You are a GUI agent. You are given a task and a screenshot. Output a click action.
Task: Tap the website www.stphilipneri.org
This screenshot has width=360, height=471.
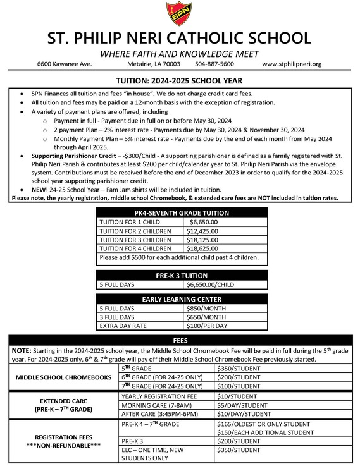(292, 64)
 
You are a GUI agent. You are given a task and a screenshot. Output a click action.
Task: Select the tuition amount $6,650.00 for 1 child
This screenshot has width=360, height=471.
(204, 223)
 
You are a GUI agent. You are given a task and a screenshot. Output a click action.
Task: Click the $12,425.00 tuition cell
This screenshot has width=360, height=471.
(206, 231)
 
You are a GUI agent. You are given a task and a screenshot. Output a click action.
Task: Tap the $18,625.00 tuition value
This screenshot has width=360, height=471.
(206, 249)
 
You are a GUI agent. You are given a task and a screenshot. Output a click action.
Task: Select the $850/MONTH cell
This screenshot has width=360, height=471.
(203, 308)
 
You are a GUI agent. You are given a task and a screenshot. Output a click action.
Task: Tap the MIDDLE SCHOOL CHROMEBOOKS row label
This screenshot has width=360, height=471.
(63, 378)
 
